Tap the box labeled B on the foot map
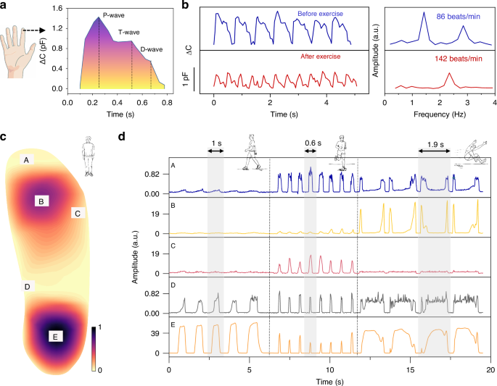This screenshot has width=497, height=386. (42, 201)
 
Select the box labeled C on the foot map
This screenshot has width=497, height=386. (78, 213)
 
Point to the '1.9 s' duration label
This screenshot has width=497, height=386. (434, 143)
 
